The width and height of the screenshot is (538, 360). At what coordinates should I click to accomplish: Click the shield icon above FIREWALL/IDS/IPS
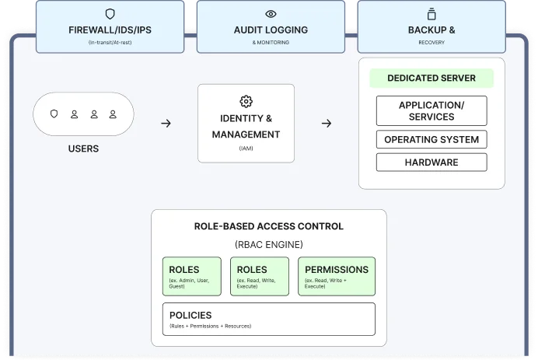(x=110, y=13)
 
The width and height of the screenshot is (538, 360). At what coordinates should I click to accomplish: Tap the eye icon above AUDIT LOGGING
(x=271, y=13)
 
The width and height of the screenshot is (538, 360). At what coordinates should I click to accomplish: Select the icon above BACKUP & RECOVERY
(x=431, y=13)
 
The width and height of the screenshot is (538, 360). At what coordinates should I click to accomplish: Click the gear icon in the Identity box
(x=246, y=101)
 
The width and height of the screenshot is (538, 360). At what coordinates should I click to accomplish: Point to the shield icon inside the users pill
(x=54, y=114)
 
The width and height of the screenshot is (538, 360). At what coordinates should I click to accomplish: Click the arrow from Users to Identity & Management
(x=166, y=123)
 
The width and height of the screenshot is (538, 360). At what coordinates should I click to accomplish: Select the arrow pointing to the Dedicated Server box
(x=327, y=123)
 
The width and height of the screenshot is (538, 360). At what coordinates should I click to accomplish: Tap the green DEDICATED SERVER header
(x=431, y=79)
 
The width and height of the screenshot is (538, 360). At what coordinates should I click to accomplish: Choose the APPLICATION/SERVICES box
(x=431, y=110)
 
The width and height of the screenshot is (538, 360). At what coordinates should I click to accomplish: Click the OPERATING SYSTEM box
(x=431, y=140)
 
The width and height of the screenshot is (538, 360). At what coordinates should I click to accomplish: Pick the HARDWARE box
(x=431, y=163)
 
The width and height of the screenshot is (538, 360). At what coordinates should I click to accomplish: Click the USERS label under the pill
(x=83, y=148)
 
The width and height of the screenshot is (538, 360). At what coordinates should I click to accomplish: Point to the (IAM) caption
(x=246, y=148)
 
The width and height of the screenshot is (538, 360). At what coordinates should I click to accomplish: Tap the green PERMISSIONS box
(x=337, y=276)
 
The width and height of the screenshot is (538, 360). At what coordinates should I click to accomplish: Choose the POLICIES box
(x=268, y=319)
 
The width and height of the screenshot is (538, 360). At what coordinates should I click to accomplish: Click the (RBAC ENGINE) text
(x=268, y=244)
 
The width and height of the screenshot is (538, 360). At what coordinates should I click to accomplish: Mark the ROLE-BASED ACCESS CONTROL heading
(x=268, y=226)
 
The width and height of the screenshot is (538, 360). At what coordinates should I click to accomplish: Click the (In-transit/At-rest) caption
(x=110, y=42)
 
